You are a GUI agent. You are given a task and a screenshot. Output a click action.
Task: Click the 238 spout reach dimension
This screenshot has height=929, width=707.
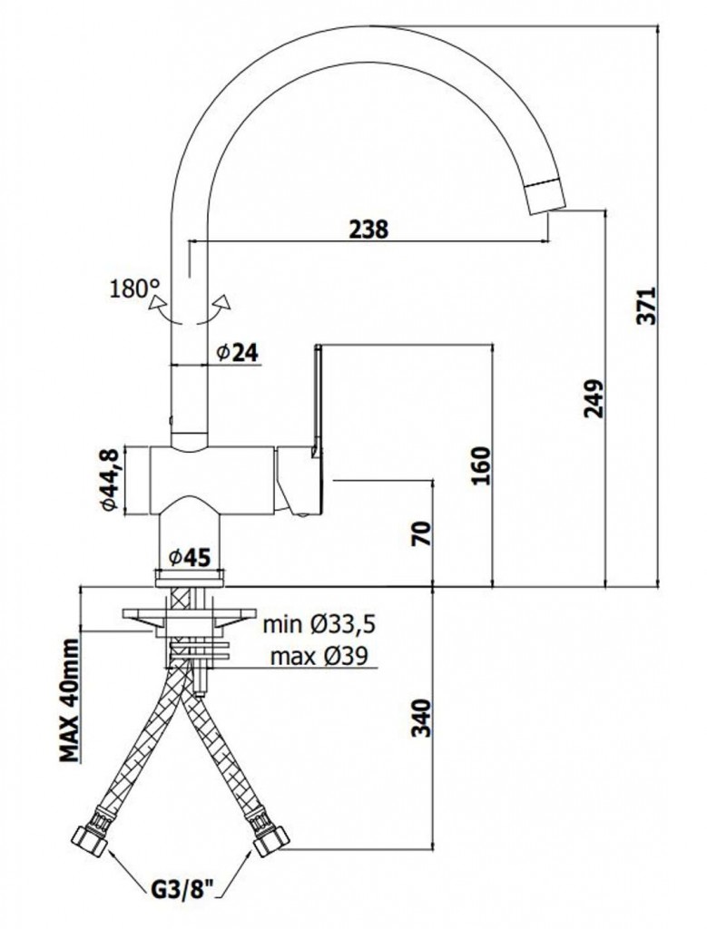point(368,230)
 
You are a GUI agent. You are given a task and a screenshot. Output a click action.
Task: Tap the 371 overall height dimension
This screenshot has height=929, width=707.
point(646,306)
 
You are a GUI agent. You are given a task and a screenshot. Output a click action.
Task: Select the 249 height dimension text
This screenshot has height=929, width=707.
point(593,399)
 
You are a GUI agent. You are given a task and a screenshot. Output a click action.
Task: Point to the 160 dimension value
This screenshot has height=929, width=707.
point(481,465)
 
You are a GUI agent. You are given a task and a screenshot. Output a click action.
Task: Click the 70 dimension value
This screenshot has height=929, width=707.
point(423,534)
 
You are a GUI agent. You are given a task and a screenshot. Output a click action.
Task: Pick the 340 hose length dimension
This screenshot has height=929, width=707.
point(421,719)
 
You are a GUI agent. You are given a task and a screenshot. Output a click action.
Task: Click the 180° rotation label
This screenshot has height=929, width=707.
point(135,288)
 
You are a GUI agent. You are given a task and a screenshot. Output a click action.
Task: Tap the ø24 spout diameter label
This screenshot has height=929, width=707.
point(238,353)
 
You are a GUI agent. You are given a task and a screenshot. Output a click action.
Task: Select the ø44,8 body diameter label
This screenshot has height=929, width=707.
point(110,481)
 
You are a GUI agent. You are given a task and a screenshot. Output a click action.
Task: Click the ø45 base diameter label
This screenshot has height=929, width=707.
point(189,557)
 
